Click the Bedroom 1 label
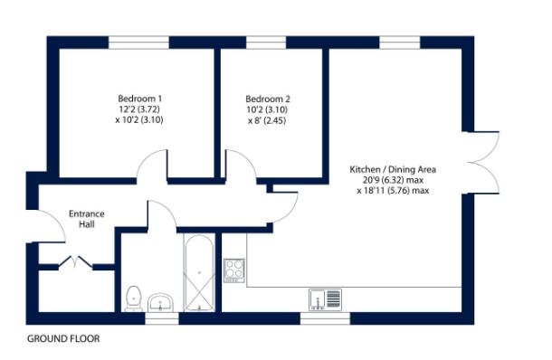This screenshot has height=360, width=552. [139, 99]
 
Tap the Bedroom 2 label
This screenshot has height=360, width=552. [267, 99]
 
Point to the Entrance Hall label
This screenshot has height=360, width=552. [88, 219]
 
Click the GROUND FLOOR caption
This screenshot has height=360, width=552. [63, 339]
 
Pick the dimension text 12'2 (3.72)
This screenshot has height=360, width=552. [139, 109]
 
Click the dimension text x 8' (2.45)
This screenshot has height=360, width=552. [267, 120]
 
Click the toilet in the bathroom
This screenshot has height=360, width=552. [135, 296]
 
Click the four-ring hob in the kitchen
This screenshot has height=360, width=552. [234, 270]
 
